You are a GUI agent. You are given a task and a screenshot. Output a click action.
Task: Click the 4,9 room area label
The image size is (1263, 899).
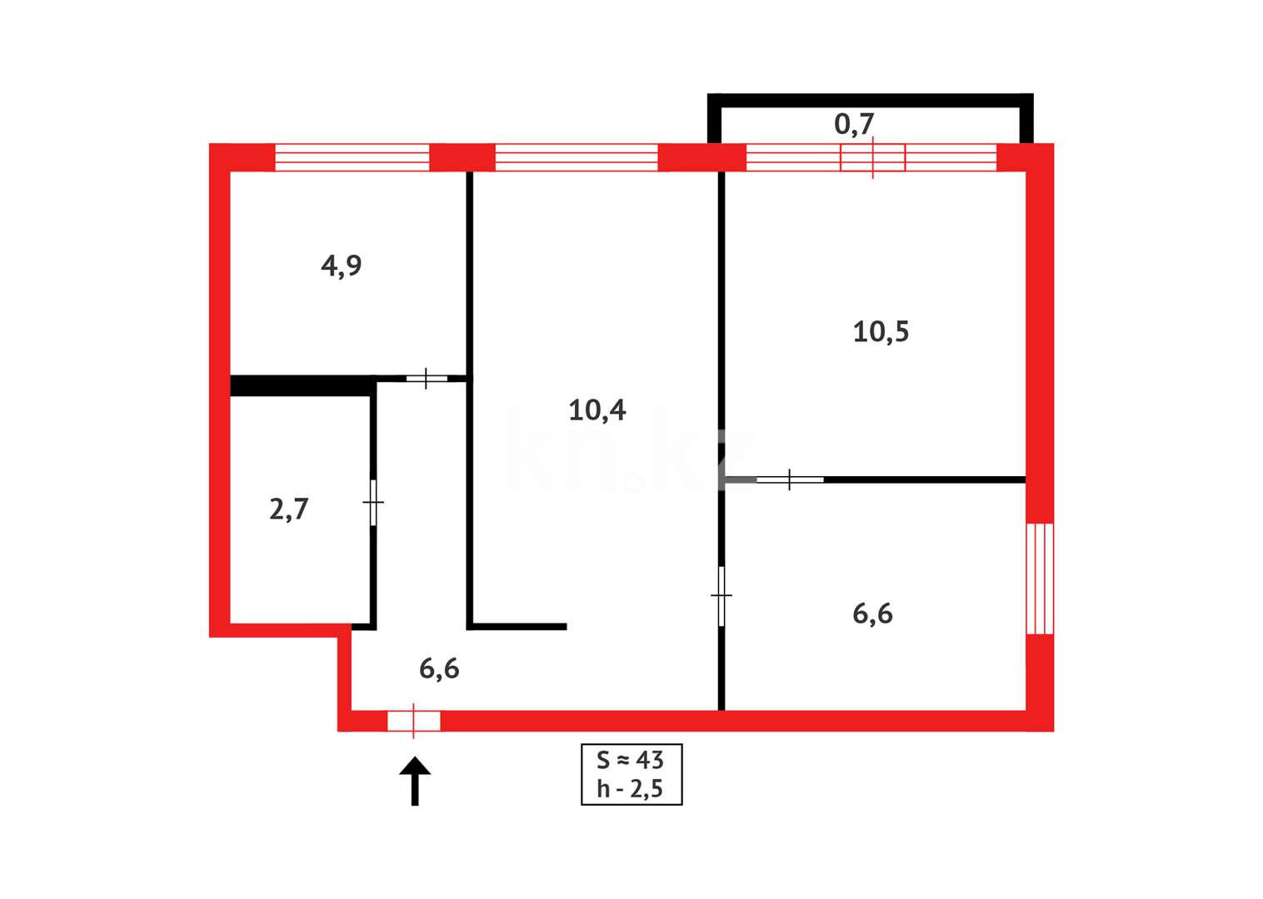342,266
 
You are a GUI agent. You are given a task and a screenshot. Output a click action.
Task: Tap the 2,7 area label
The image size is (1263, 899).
289,509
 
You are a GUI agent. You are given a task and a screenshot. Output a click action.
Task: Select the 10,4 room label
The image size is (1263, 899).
597,410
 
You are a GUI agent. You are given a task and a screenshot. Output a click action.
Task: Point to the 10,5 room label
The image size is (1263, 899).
881,332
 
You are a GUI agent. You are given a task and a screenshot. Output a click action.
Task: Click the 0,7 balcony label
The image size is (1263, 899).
854,124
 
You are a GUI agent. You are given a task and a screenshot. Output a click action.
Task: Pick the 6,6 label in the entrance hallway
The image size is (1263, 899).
439,668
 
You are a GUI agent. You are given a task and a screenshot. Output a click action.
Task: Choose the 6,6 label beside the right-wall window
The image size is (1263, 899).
872,614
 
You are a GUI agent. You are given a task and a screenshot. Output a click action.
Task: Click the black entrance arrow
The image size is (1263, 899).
415,780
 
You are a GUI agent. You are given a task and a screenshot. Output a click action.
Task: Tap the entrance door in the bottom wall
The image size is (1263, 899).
414,721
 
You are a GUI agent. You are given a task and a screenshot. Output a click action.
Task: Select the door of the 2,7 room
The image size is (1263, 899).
373,502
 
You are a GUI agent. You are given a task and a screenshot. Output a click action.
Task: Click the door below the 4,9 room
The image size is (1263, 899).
427,379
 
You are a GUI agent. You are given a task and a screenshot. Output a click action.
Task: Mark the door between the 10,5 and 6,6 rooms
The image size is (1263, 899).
789,479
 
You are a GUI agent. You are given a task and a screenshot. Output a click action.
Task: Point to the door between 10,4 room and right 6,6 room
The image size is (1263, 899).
721,596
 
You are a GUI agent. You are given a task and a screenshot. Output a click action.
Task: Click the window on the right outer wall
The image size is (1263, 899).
1040,579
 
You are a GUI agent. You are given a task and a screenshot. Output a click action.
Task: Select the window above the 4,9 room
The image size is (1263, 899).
352,157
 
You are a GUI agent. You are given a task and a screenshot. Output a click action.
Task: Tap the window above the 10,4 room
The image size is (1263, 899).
577,157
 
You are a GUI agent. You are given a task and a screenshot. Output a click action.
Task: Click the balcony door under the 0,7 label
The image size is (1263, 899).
872,157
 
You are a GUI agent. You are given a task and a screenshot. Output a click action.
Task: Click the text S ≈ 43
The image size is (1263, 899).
631,760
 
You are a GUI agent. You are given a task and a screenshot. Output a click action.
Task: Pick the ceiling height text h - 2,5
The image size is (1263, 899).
631,789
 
